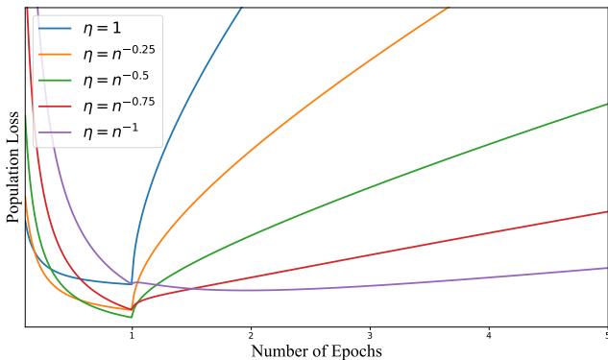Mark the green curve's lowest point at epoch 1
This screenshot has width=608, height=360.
[131, 317]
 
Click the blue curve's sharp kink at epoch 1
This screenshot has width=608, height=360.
[132, 284]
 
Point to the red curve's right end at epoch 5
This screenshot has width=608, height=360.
[605, 211]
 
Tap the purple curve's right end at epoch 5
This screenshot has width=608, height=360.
[605, 268]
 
